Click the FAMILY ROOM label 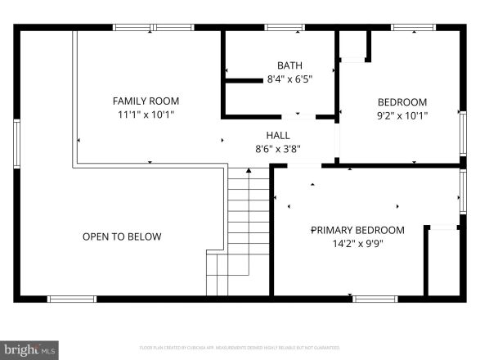coord(146,101)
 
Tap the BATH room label coord(289,65)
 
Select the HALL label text coord(277,135)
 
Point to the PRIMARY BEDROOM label coord(357,230)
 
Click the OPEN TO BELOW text coord(122,236)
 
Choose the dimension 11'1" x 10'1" coord(146,115)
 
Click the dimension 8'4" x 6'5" coord(289,79)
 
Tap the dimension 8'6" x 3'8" coord(277,149)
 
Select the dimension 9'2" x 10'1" coord(401,115)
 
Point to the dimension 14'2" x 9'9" coord(357,244)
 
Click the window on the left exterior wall coord(16,144)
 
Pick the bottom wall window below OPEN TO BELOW coord(72,299)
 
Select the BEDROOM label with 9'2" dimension coord(401,102)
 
